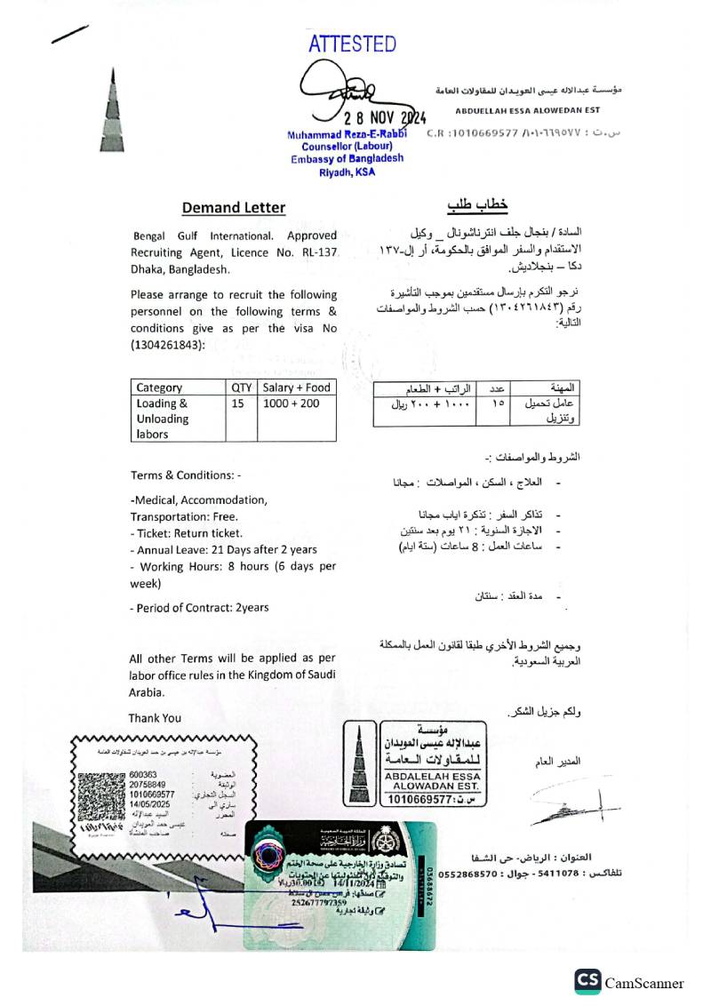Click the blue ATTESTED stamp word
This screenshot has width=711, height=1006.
pyautogui.click(x=352, y=44)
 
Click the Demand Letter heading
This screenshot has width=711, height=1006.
pyautogui.click(x=234, y=208)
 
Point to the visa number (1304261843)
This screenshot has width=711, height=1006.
pyautogui.click(x=167, y=345)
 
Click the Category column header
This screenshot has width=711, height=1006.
pyautogui.click(x=159, y=387)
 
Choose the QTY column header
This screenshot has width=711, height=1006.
pyautogui.click(x=242, y=387)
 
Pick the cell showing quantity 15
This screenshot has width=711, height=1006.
pyautogui.click(x=237, y=403)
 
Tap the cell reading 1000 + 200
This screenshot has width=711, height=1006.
pyautogui.click(x=296, y=403)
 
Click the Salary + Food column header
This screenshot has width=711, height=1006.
pyautogui.click(x=296, y=387)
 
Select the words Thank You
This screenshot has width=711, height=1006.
pyautogui.click(x=155, y=718)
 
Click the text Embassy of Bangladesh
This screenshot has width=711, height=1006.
pyautogui.click(x=347, y=159)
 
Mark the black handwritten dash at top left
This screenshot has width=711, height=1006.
pyautogui.click(x=70, y=35)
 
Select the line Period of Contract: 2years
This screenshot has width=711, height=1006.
pyautogui.click(x=199, y=608)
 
